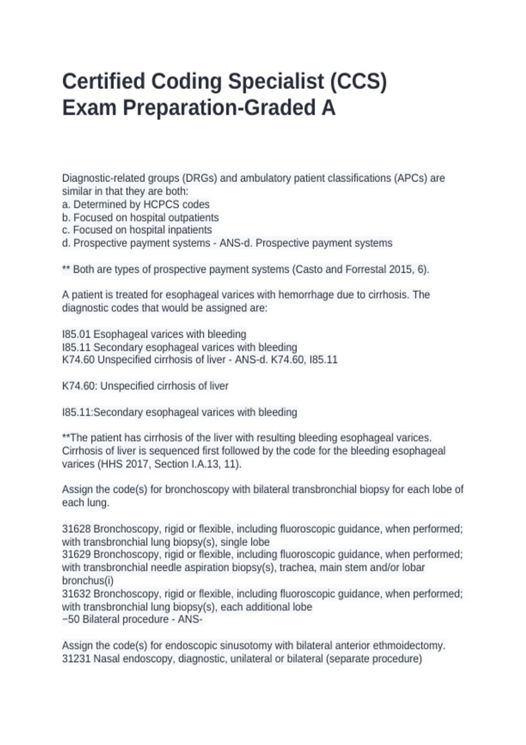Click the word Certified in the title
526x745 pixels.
click(103, 82)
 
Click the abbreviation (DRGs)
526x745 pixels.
click(199, 178)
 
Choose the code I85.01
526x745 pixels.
click(76, 334)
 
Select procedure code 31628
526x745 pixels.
click(76, 529)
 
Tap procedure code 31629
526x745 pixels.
click(76, 554)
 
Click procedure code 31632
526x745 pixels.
click(76, 594)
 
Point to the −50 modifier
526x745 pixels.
click(71, 619)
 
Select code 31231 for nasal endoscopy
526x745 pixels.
click(76, 659)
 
